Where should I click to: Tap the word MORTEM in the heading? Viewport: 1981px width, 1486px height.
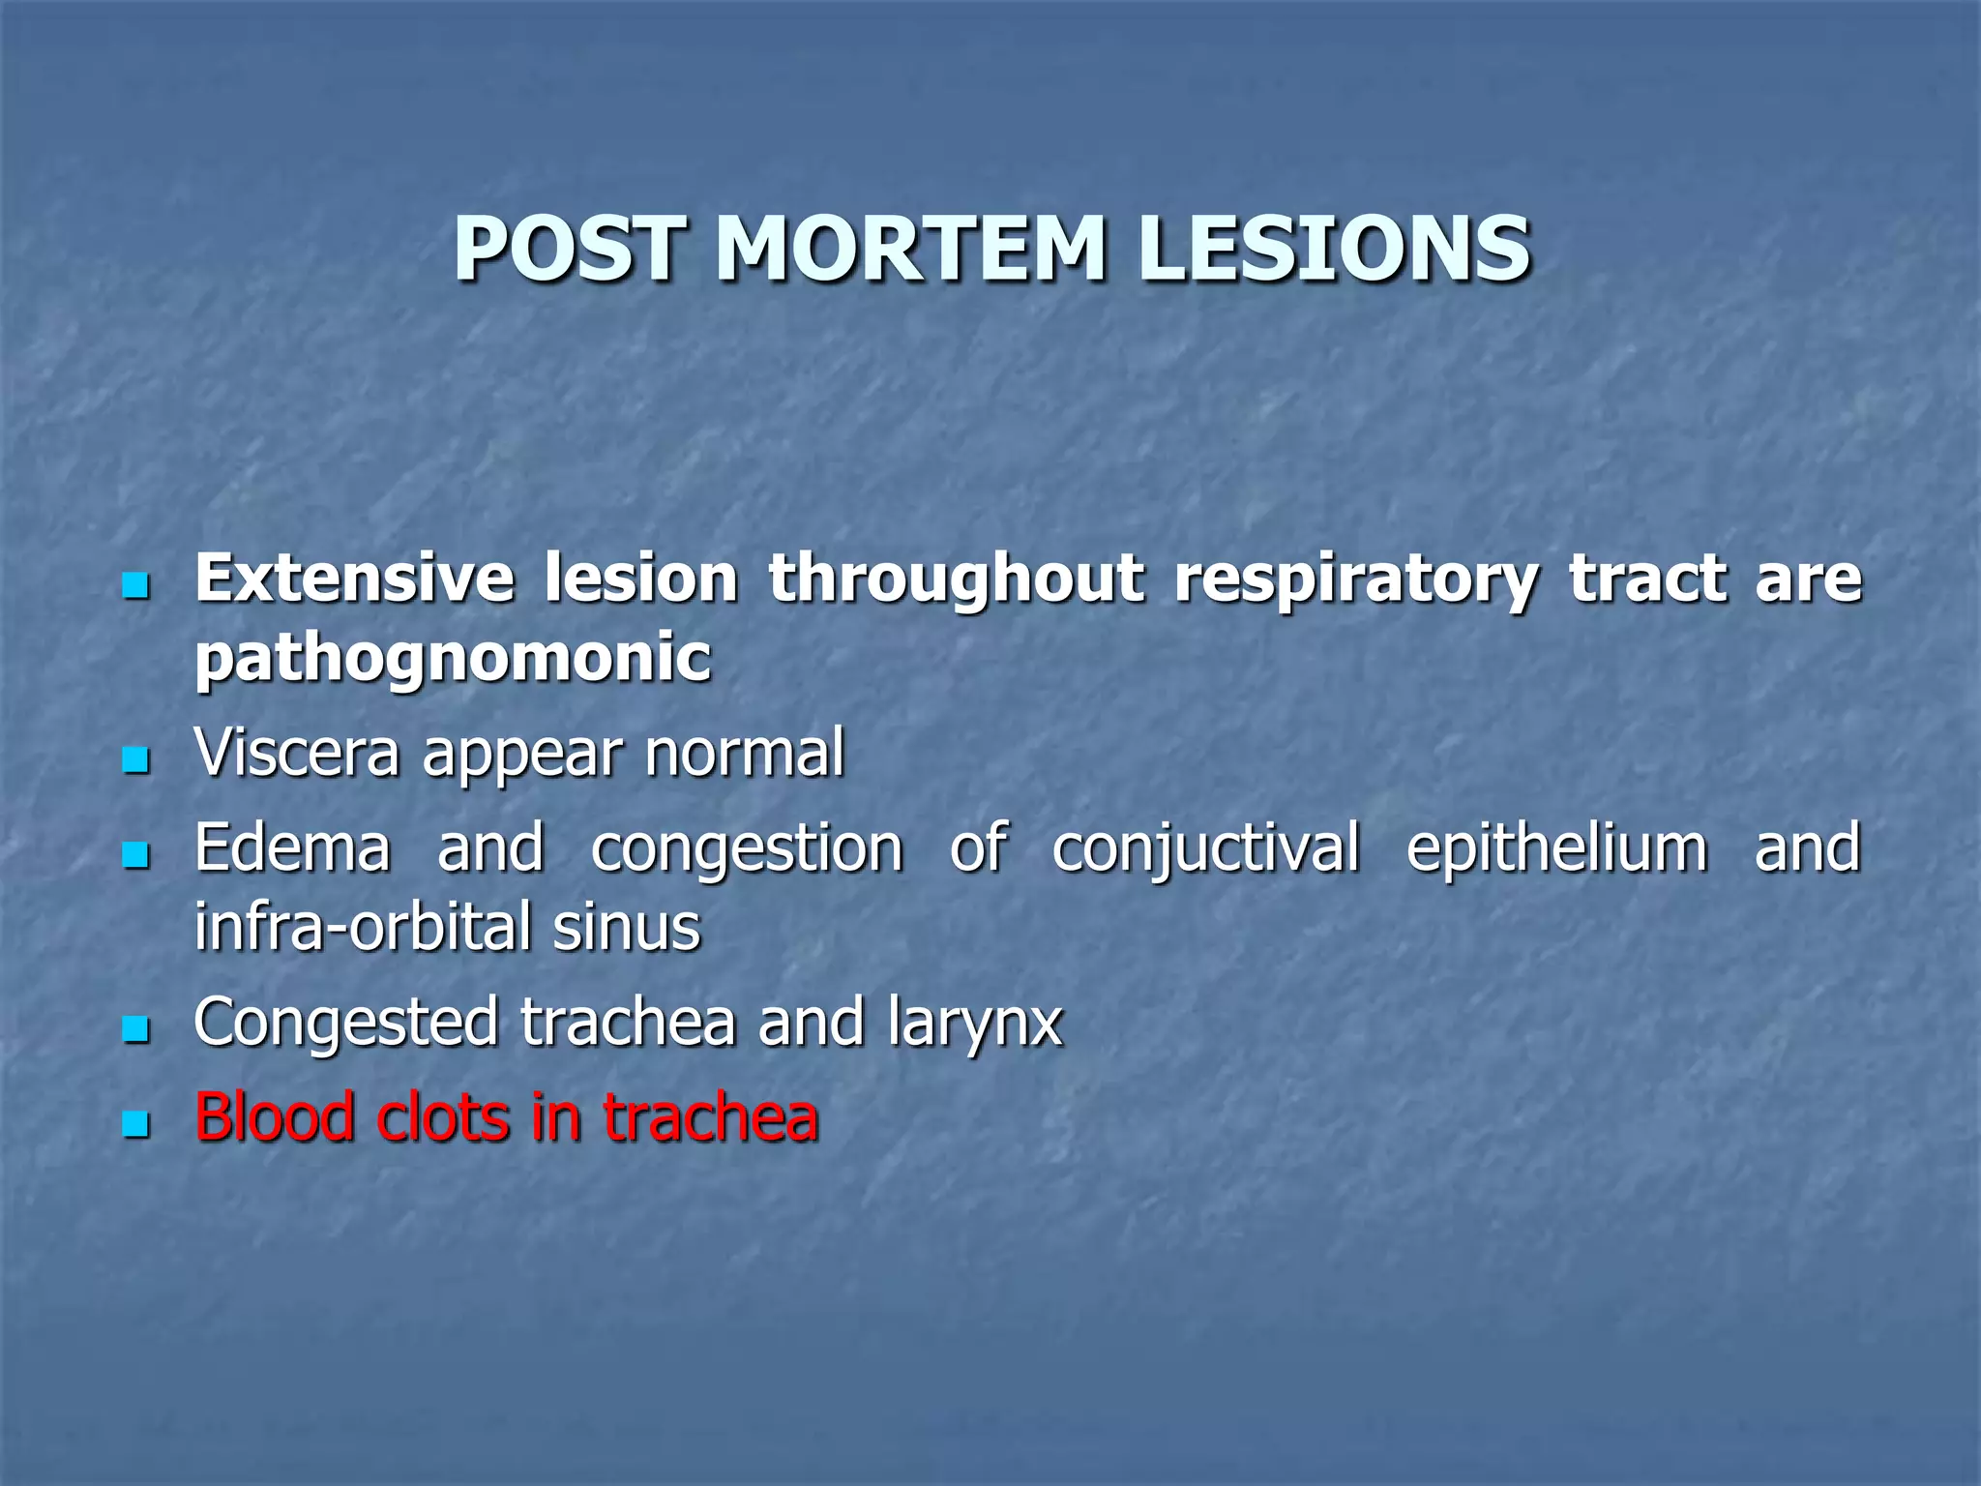tap(910, 249)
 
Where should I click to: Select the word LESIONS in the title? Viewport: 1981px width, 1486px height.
tap(1335, 249)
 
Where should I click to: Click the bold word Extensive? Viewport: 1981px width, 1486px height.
tap(354, 579)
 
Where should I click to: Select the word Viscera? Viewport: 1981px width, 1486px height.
tap(296, 753)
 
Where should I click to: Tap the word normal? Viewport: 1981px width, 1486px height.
tap(745, 753)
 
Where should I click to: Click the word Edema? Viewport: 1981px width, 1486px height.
tap(292, 847)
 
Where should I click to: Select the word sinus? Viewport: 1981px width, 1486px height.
tap(626, 927)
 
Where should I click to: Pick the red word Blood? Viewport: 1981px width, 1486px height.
tap(275, 1116)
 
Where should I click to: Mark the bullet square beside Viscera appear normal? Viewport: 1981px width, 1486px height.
tap(136, 758)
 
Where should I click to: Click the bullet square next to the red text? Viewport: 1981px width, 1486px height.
tap(136, 1123)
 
